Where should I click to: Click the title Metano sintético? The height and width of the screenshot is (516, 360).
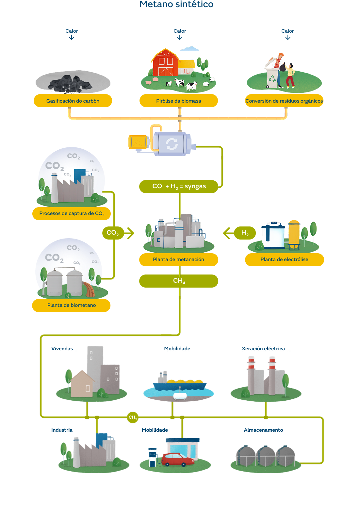click(x=176, y=4)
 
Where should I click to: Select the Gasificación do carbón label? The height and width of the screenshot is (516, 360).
click(x=73, y=101)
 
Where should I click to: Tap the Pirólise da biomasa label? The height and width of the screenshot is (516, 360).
click(x=179, y=101)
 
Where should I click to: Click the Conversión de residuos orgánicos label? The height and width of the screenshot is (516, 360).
click(x=284, y=101)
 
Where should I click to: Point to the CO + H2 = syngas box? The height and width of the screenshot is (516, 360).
click(x=179, y=187)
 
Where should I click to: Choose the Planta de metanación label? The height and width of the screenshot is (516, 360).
click(x=179, y=259)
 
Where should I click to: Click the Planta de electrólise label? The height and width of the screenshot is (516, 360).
click(x=284, y=259)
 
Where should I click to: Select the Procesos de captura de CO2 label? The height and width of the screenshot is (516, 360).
click(x=72, y=214)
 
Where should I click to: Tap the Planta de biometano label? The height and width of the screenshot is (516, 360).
click(x=72, y=305)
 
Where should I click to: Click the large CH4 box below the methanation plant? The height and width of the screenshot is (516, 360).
click(x=179, y=281)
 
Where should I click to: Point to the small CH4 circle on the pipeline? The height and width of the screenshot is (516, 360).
click(x=133, y=417)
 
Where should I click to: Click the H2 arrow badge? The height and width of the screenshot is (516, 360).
click(x=244, y=233)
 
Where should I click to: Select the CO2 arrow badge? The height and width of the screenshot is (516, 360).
click(x=113, y=233)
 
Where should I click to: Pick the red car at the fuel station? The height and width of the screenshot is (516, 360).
click(x=178, y=459)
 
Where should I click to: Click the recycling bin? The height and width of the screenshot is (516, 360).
click(x=271, y=78)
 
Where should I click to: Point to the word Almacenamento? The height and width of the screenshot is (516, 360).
click(x=263, y=430)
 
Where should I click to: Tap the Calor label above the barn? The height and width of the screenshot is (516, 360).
click(x=180, y=31)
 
